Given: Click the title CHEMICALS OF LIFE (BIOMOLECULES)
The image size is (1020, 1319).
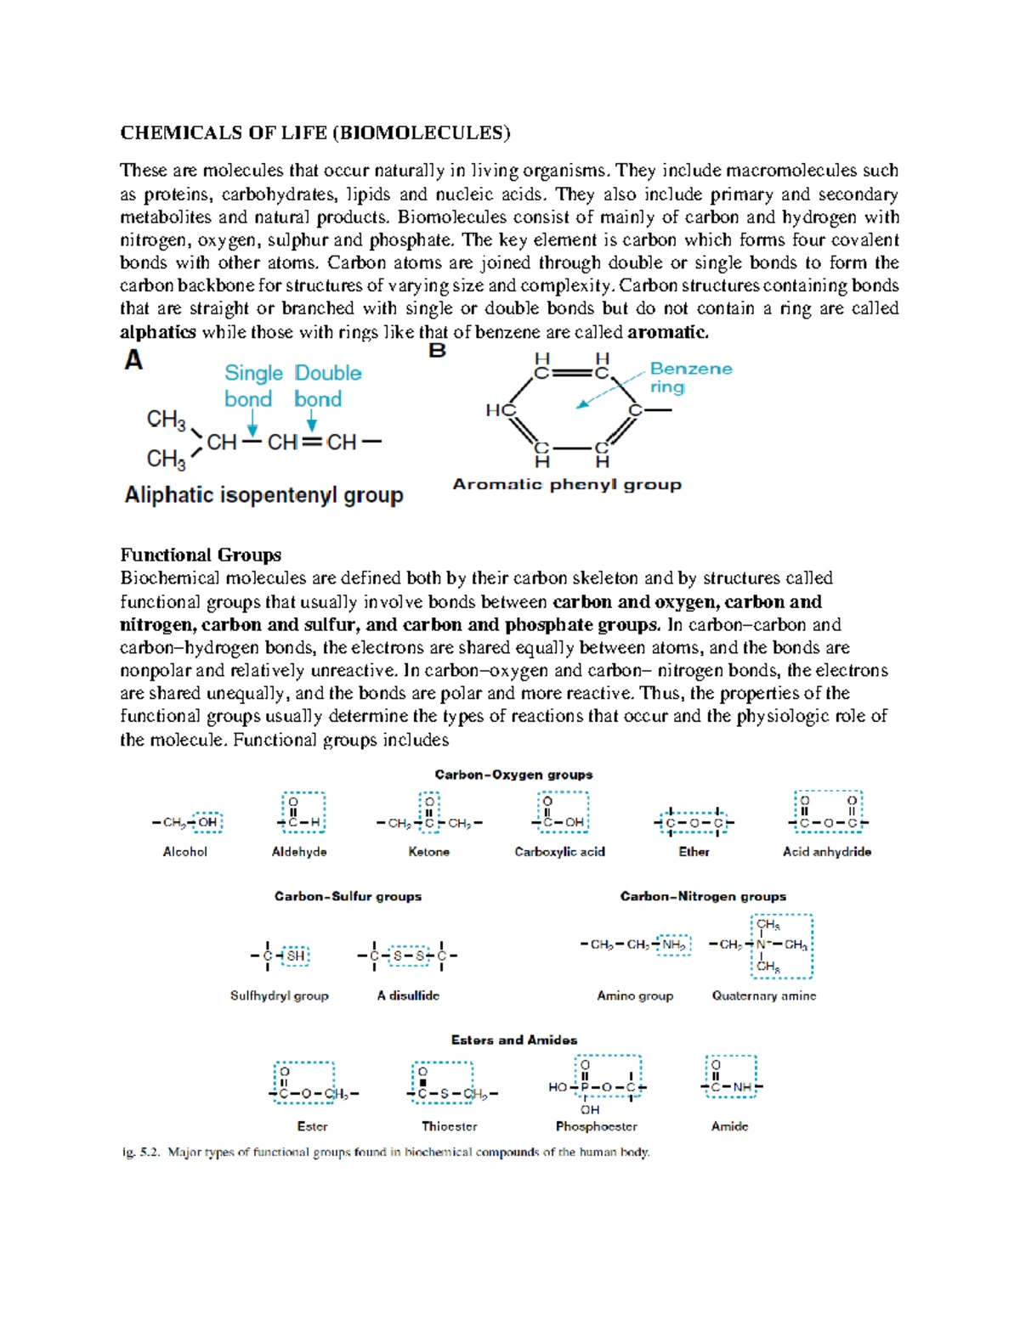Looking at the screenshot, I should (315, 132).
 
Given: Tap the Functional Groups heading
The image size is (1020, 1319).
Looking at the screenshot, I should (201, 555).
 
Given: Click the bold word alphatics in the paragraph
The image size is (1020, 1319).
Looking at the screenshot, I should (158, 332).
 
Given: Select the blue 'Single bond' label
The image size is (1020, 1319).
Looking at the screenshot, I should (252, 386).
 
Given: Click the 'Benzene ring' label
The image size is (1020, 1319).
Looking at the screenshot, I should (689, 377).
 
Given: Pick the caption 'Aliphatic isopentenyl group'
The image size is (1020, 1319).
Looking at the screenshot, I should (263, 495).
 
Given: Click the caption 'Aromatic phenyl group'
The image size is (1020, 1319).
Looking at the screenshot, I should (567, 484).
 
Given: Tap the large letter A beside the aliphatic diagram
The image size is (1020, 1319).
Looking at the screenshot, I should (133, 361).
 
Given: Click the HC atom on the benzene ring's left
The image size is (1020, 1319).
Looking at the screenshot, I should (501, 410).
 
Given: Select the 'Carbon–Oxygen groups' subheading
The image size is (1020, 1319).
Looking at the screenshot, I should (513, 775).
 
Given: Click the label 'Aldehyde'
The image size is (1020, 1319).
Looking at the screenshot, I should (299, 852).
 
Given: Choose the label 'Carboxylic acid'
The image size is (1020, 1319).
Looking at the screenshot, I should (559, 852).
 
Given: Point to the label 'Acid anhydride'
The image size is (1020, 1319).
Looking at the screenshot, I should (826, 852).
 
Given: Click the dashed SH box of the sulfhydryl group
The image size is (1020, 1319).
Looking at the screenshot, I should (295, 955).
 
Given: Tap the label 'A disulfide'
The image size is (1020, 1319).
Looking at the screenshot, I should (408, 995).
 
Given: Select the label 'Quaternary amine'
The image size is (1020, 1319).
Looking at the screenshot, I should (763, 995).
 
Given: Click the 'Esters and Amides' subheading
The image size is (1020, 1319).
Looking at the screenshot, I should (513, 1040).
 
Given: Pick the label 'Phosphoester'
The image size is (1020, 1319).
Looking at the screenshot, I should (596, 1126).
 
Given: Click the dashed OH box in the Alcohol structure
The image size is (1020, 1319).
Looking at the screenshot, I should (207, 822).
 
